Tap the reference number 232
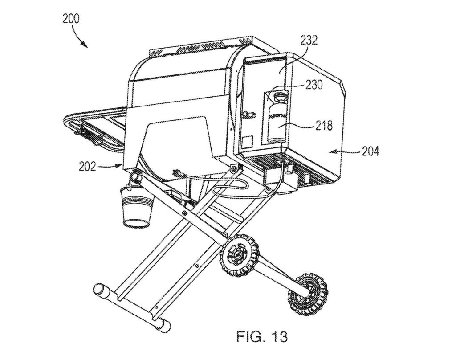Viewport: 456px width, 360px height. coord(309,41)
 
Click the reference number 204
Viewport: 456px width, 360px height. coord(370,152)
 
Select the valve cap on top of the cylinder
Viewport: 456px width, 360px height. coord(279,94)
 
